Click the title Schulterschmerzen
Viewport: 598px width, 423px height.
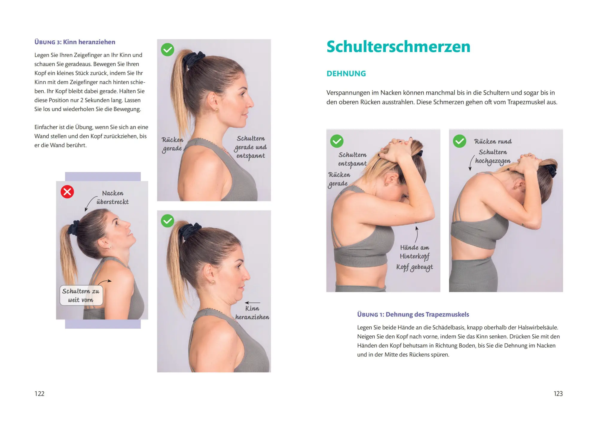pyautogui.click(x=398, y=47)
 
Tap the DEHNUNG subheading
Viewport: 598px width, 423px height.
pyautogui.click(x=346, y=74)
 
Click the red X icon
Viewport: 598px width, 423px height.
pyautogui.click(x=67, y=192)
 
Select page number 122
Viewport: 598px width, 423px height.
pyautogui.click(x=39, y=394)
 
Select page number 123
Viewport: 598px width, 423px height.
pyautogui.click(x=558, y=394)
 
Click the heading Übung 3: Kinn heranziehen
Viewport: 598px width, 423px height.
pyautogui.click(x=75, y=42)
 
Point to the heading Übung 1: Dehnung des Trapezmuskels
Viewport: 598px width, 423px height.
pyautogui.click(x=413, y=314)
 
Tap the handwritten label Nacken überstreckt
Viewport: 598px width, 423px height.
pyautogui.click(x=112, y=197)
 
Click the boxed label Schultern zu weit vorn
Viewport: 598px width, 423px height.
pyautogui.click(x=81, y=295)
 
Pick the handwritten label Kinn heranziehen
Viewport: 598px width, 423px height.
pyautogui.click(x=252, y=313)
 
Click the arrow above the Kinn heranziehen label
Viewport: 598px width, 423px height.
pyautogui.click(x=252, y=303)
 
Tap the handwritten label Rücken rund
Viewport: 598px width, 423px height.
pyautogui.click(x=493, y=141)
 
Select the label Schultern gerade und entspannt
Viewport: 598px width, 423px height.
pyautogui.click(x=251, y=147)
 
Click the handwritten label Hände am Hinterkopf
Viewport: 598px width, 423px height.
pyautogui.click(x=415, y=252)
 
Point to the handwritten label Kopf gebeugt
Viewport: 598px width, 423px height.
pyautogui.click(x=415, y=267)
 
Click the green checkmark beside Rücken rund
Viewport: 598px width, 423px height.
pyautogui.click(x=460, y=141)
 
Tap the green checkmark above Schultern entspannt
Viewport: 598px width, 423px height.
pyautogui.click(x=337, y=141)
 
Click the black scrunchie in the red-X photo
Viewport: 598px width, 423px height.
pyautogui.click(x=74, y=227)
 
